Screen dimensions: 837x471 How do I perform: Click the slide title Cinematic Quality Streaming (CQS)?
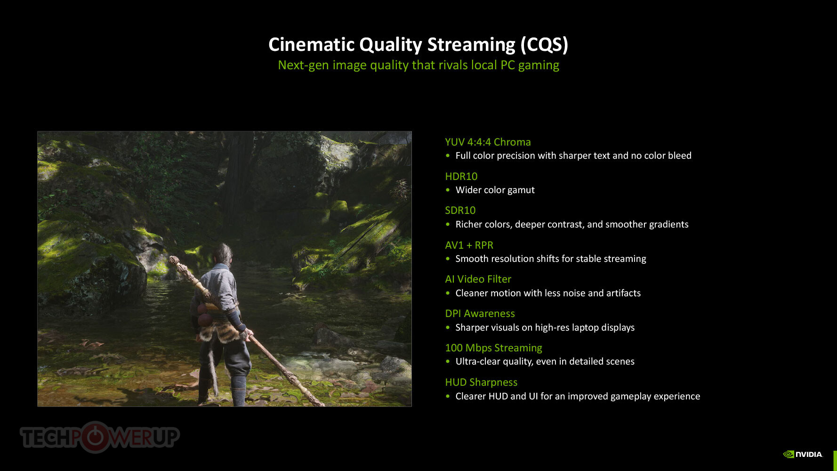click(418, 45)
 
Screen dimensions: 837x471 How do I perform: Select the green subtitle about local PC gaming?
click(418, 65)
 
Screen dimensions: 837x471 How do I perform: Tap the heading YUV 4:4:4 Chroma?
click(488, 142)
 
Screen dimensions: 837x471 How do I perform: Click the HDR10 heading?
click(461, 176)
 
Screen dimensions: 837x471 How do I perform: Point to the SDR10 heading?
click(460, 210)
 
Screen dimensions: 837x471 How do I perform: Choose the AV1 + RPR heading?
click(469, 245)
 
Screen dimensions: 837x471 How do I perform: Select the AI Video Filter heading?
click(478, 279)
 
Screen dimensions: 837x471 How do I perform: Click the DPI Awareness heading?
click(480, 314)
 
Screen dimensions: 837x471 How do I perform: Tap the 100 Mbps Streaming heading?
click(493, 348)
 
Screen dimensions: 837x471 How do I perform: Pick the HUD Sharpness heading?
click(481, 382)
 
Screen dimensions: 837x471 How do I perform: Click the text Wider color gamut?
click(495, 190)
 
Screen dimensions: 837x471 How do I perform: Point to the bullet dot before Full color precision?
click(448, 155)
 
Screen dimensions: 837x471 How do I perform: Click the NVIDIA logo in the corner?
click(803, 454)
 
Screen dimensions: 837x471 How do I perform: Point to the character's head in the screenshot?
click(222, 255)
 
